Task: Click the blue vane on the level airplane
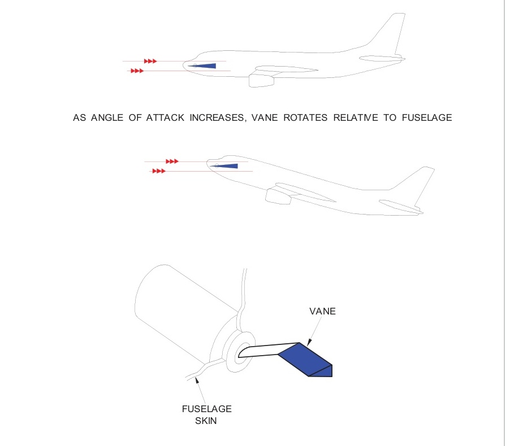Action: point(205,66)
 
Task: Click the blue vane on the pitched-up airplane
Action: point(227,166)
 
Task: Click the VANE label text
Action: point(322,311)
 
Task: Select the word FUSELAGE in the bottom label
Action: point(207,409)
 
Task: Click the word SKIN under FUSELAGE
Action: point(206,421)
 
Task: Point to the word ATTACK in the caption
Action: point(165,117)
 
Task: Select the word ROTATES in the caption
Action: point(305,117)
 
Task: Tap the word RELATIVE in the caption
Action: point(356,117)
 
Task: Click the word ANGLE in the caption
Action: point(107,117)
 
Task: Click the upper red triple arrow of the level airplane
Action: point(150,61)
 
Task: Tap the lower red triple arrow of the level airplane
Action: point(137,71)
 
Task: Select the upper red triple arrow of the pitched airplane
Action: point(172,161)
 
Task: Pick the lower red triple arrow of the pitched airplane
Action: point(159,171)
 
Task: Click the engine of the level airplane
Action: point(262,81)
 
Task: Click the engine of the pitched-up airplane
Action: point(278,196)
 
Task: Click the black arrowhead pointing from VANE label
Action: point(309,342)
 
